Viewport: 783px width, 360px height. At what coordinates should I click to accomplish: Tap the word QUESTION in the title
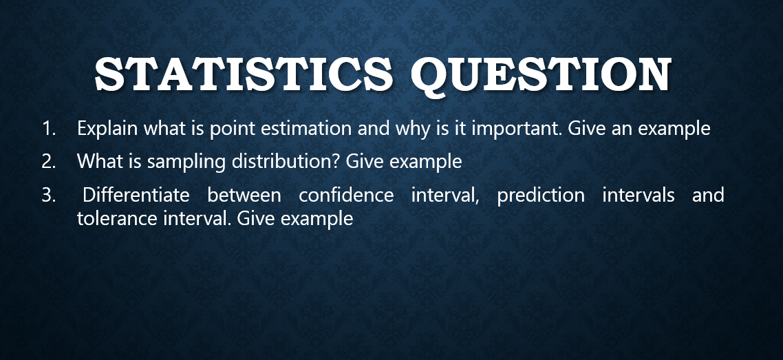click(540, 74)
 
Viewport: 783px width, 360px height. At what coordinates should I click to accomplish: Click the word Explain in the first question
click(104, 129)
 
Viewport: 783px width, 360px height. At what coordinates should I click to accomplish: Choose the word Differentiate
click(136, 195)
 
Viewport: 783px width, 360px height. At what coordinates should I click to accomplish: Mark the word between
click(244, 195)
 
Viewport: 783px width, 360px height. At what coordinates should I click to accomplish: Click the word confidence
click(346, 195)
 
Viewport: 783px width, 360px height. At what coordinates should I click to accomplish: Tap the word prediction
click(541, 195)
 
